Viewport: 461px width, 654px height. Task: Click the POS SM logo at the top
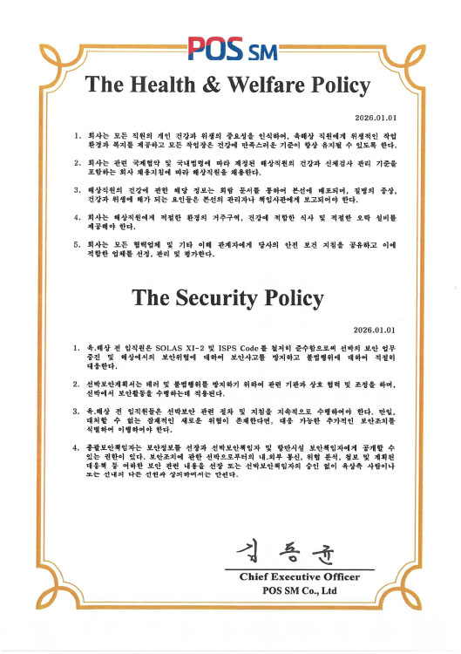click(230, 46)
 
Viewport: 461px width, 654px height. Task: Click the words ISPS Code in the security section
click(232, 347)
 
